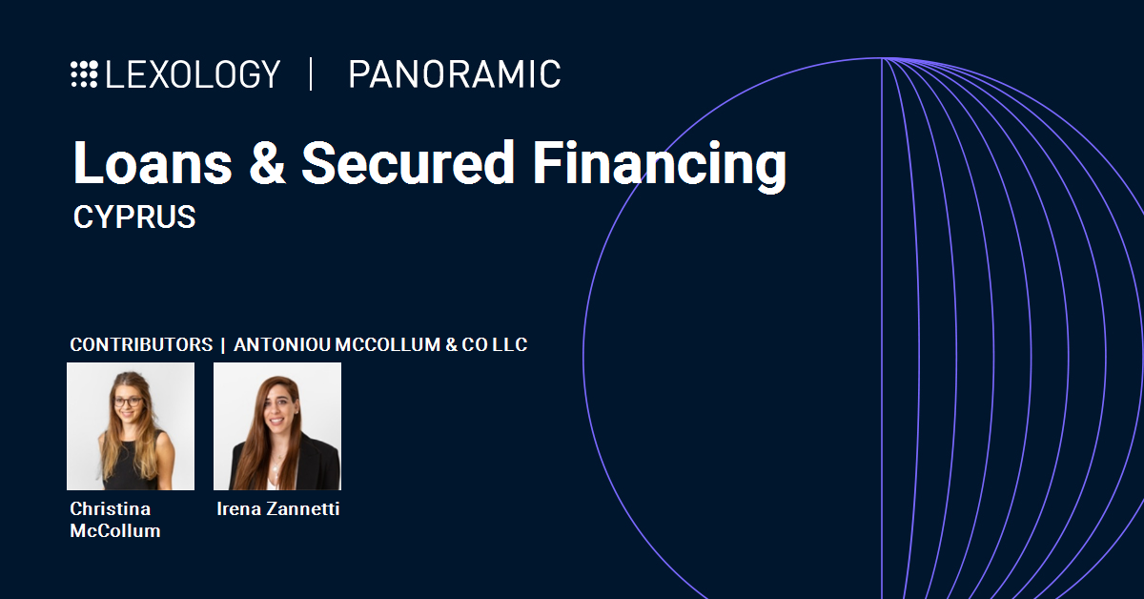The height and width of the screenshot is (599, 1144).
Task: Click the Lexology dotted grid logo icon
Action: tap(84, 74)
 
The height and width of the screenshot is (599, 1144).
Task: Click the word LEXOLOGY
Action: tap(193, 74)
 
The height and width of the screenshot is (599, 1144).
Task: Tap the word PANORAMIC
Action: tap(455, 74)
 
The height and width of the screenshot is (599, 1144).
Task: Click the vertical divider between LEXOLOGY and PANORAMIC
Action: tap(311, 74)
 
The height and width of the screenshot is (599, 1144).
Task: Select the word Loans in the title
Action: tap(153, 163)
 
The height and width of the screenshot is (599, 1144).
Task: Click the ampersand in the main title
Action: tap(267, 163)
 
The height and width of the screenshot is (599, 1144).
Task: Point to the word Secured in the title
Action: tap(408, 162)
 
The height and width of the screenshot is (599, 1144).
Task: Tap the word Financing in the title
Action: tap(660, 167)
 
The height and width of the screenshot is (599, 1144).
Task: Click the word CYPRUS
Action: tap(134, 217)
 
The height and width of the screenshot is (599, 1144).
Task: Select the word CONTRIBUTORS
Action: tap(141, 344)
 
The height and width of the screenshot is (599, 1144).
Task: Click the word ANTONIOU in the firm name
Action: tap(282, 344)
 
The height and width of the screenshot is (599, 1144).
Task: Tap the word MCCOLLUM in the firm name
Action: tap(388, 344)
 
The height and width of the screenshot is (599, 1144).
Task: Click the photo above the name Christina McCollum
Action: tap(131, 426)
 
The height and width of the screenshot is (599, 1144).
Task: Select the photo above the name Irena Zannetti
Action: tap(277, 426)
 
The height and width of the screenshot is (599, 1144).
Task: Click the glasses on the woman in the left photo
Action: tap(127, 403)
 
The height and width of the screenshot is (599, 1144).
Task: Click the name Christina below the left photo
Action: tap(111, 509)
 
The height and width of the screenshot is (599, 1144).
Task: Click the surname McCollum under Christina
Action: tap(115, 531)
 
